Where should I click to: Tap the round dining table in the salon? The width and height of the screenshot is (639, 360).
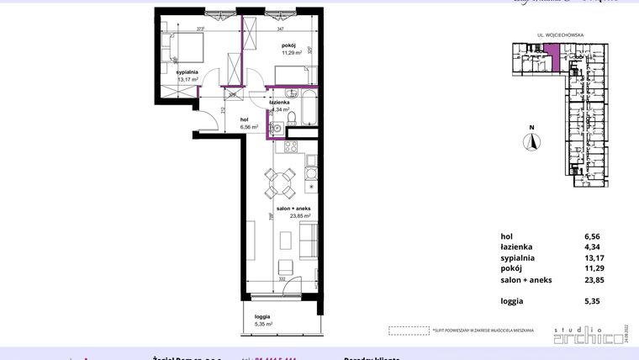[281, 182]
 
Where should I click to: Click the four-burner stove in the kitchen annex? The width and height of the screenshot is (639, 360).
[290, 149]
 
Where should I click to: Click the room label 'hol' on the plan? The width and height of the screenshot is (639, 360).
[245, 119]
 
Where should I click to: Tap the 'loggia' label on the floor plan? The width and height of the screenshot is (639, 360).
[262, 316]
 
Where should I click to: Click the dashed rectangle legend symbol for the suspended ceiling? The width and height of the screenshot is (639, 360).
[407, 331]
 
